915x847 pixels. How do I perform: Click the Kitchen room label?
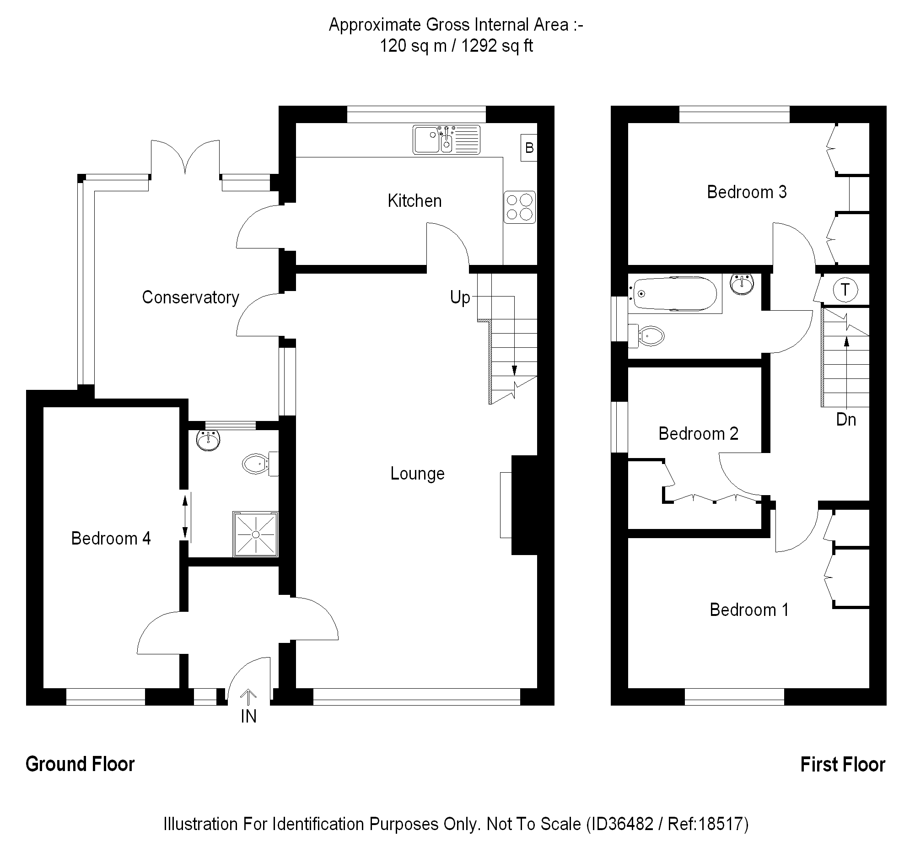pos(414,201)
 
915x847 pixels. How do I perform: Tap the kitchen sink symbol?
pos(446,139)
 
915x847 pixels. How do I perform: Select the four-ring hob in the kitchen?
pos(520,207)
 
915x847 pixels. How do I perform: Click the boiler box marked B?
pos(529,148)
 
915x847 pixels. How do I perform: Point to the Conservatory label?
pos(190,297)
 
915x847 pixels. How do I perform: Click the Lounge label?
pos(417,474)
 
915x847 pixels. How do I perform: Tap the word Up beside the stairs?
pos(460,297)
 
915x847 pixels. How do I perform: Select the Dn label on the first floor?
pos(845,419)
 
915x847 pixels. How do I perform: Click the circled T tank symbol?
pos(845,290)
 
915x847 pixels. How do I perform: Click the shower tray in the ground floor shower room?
pos(256,534)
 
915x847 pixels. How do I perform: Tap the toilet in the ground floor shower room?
pos(257,464)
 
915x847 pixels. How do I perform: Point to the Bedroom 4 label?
pos(110,538)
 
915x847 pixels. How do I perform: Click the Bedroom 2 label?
pos(698,434)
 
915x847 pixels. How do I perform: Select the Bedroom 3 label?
pos(746,192)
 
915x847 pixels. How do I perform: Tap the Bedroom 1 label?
pos(748,610)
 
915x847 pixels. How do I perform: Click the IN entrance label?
pos(248,717)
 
